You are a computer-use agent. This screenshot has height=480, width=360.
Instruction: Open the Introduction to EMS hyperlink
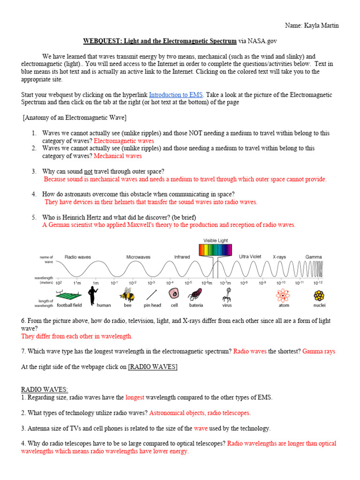click(176, 94)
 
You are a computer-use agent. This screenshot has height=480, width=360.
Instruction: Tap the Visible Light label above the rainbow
click(215, 240)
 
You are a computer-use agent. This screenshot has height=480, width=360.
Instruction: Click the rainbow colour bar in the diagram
click(215, 250)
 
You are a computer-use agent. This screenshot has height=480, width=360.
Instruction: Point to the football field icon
click(67, 294)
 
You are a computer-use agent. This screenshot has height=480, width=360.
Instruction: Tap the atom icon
click(284, 295)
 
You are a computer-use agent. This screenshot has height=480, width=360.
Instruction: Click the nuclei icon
click(319, 295)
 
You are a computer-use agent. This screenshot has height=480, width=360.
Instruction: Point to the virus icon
click(226, 294)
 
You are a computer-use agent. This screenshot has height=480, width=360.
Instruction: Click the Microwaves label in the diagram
click(138, 257)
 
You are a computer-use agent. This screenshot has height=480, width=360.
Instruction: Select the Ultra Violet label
click(250, 256)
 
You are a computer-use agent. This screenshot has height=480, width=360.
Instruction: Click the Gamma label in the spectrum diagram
click(313, 257)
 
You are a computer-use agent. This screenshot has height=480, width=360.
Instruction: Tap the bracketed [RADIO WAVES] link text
click(153, 367)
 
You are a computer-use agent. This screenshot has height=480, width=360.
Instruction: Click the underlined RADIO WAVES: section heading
click(45, 390)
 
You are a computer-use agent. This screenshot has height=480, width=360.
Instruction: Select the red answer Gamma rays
click(319, 351)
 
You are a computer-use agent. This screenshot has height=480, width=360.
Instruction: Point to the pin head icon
click(151, 294)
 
